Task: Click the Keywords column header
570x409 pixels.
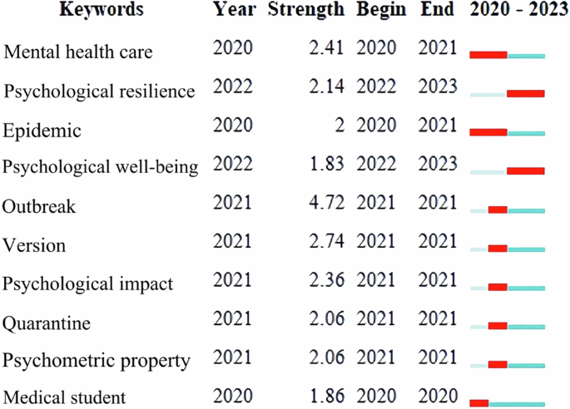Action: pos(107,10)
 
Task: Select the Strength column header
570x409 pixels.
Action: pos(305,10)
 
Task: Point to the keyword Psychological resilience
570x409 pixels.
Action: pos(99,91)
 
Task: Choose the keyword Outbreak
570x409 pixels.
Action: pos(39,206)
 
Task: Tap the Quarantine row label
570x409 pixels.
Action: pos(47,322)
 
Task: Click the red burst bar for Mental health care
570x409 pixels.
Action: pos(488,56)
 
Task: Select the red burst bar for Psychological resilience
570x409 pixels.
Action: pos(526,94)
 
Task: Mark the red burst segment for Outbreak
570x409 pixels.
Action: pos(498,210)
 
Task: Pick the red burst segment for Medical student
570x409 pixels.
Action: pos(479,404)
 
